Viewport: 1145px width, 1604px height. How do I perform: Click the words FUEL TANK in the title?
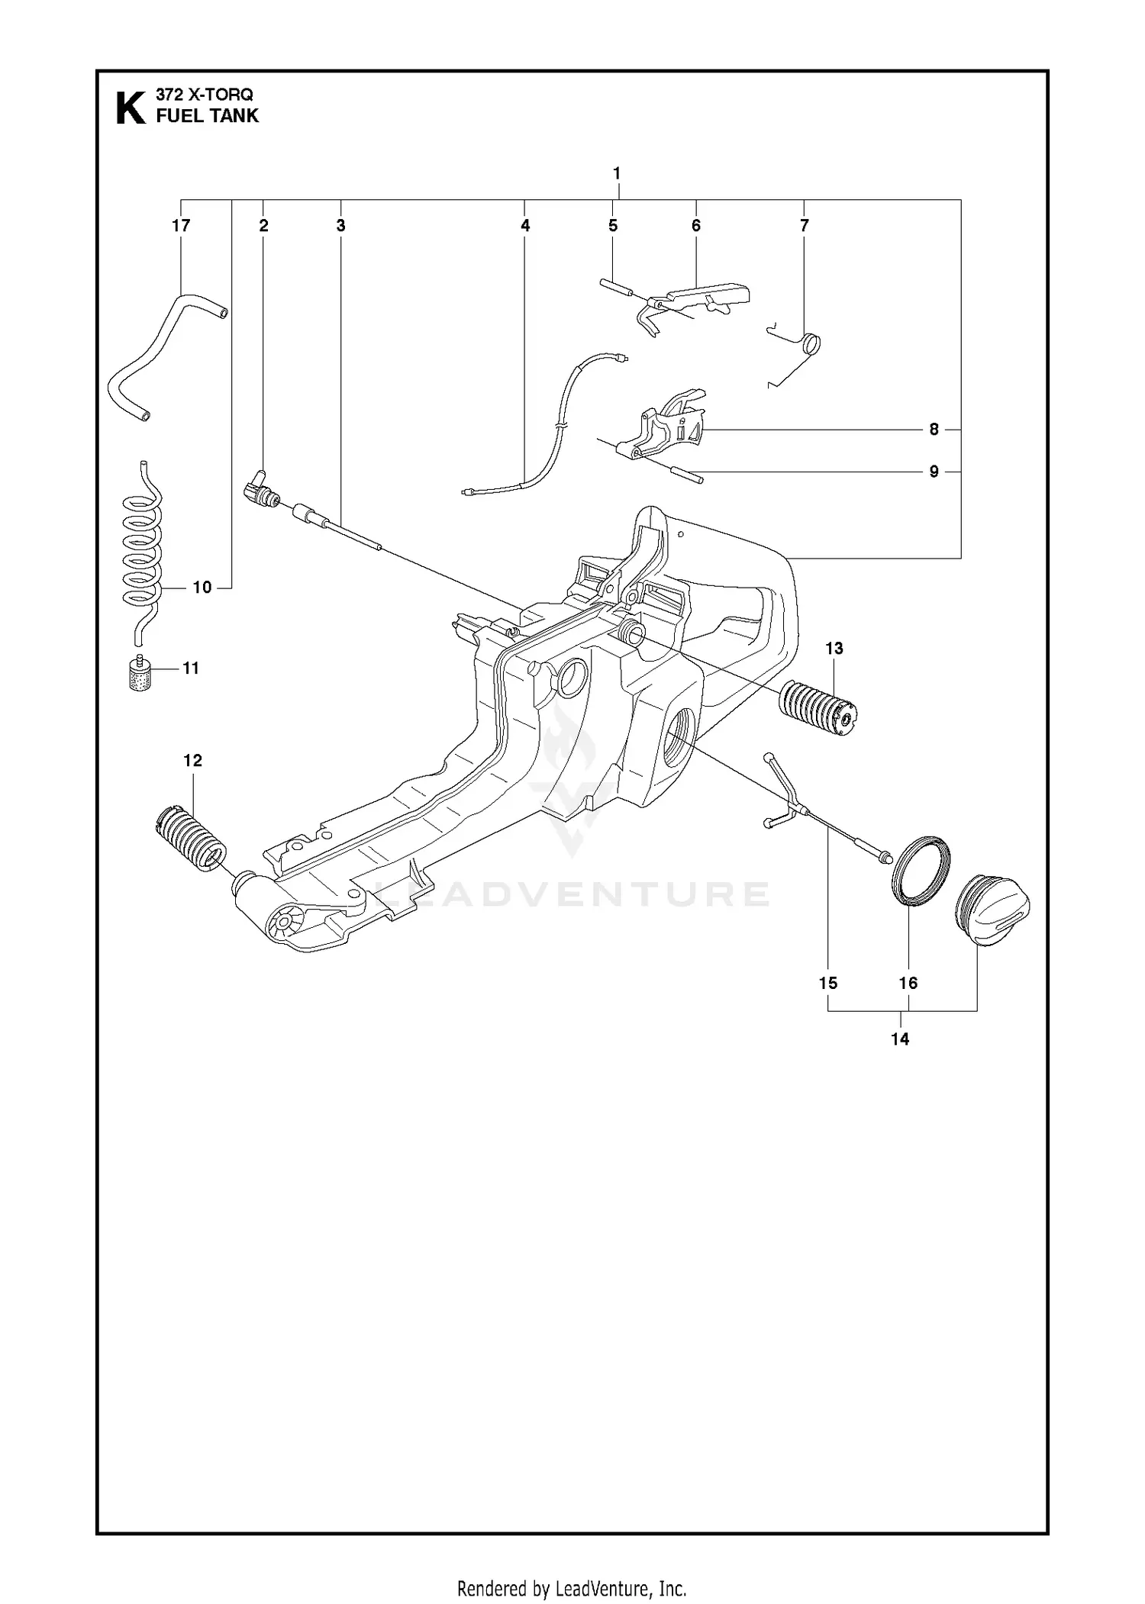(x=207, y=116)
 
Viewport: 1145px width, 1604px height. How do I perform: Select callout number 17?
(x=181, y=226)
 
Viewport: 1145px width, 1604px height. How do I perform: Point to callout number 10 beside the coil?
(x=202, y=588)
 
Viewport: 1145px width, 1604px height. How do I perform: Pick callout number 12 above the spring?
(x=192, y=761)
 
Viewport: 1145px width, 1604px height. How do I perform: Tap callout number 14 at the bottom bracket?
(x=900, y=1039)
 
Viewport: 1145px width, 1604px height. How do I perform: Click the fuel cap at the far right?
(x=992, y=911)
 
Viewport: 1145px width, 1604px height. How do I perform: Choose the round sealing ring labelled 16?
(x=921, y=871)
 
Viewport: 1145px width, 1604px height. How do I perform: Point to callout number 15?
(x=828, y=983)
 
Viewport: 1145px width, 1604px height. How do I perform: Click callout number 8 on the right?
(x=934, y=430)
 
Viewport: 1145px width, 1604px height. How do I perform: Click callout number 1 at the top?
(x=617, y=173)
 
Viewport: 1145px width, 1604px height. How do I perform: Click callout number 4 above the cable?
(x=525, y=226)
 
